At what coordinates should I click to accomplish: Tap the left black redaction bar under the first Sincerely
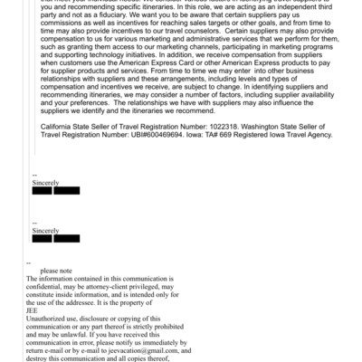42,191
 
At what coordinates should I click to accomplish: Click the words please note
55,271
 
